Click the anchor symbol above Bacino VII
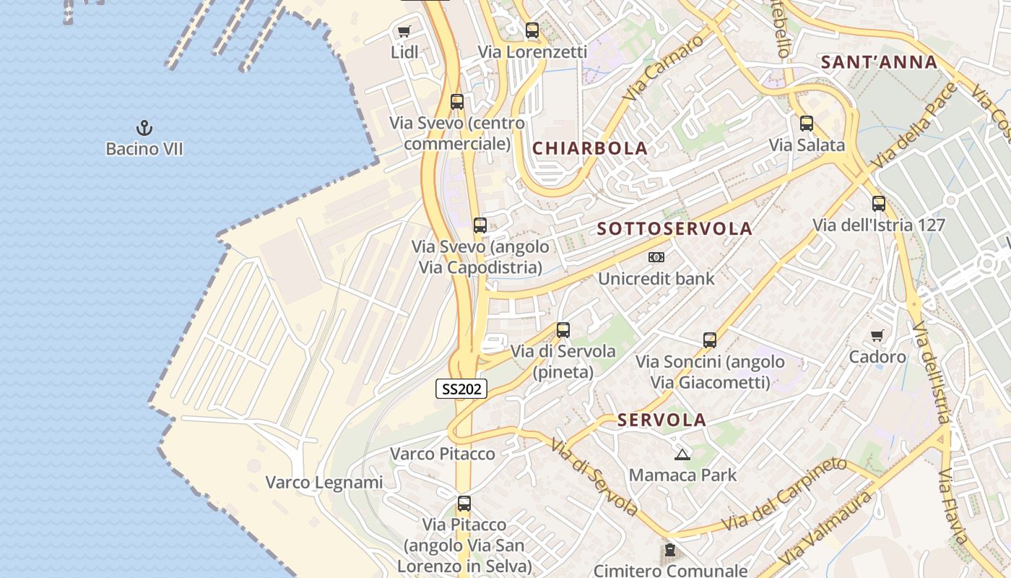[x=144, y=129]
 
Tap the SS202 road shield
[x=461, y=389]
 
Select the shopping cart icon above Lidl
[x=404, y=31]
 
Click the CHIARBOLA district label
[x=589, y=148]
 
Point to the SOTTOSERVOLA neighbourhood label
[x=674, y=229]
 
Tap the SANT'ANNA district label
[x=879, y=62]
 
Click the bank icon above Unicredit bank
[x=656, y=257]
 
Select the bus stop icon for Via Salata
[x=807, y=124]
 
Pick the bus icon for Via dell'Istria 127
[x=878, y=204]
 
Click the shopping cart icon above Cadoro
[x=877, y=335]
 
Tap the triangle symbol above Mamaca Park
[x=682, y=454]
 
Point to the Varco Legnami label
[x=324, y=482]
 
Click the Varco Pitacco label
[x=443, y=454]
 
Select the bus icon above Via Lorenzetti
[x=532, y=30]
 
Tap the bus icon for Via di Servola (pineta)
[x=563, y=330]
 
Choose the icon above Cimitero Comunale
[x=670, y=551]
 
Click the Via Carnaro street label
[x=664, y=69]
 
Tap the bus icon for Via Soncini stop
[x=710, y=340]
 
